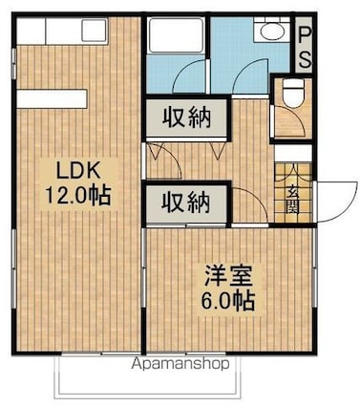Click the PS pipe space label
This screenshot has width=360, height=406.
pyautogui.click(x=305, y=45)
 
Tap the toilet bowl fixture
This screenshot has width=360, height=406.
pyautogui.click(x=293, y=92)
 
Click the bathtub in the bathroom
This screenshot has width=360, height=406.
pyautogui.click(x=176, y=35)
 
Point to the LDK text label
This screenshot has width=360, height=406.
pyautogui.click(x=78, y=172)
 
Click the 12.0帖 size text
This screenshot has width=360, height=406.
pyautogui.click(x=78, y=195)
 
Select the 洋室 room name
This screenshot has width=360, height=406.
pyautogui.click(x=228, y=276)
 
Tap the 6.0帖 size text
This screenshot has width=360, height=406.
pyautogui.click(x=228, y=300)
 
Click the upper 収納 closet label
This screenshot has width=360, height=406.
pyautogui.click(x=187, y=118)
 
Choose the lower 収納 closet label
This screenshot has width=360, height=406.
pyautogui.click(x=186, y=203)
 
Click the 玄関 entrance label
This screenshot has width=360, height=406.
pyautogui.click(x=293, y=200)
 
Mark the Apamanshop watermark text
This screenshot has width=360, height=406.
pyautogui.click(x=180, y=364)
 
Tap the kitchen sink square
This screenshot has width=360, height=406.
pyautogui.click(x=95, y=31)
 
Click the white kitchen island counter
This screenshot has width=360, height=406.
pyautogui.click(x=52, y=99)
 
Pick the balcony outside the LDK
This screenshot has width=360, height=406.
pyautogui.click(x=147, y=376)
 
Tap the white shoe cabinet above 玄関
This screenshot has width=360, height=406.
pyautogui.click(x=293, y=154)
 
